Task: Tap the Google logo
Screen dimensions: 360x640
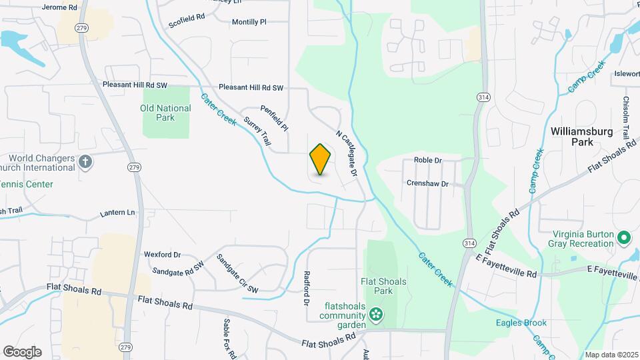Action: [x=22, y=352]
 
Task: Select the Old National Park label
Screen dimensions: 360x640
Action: [x=166, y=113]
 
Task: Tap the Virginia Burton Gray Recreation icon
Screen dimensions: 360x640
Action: [x=624, y=237]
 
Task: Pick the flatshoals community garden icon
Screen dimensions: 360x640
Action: [x=377, y=313]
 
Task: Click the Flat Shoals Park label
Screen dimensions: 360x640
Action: [x=384, y=286]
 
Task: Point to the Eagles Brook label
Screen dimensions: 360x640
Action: [x=521, y=323]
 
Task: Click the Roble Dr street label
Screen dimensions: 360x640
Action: [x=428, y=161]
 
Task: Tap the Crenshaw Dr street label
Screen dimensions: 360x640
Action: [x=428, y=183]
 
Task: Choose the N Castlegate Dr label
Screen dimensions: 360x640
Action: [x=347, y=153]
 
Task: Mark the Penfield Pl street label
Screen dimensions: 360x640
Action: [x=274, y=118]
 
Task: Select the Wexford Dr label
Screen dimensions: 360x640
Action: [x=163, y=255]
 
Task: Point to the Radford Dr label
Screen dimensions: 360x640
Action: [x=307, y=287]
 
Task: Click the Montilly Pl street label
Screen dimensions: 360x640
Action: [x=249, y=22]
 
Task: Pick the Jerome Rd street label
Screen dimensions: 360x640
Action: [x=59, y=7]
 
